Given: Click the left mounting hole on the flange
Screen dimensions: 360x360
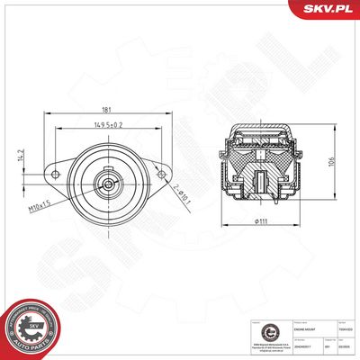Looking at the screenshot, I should pyautogui.click(x=53, y=173).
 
